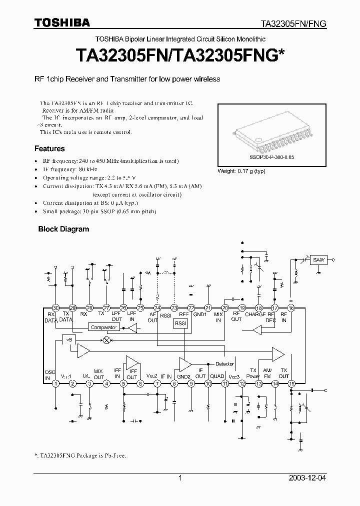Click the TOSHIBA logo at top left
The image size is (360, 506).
pyautogui.click(x=62, y=22)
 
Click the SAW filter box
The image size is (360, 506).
pyautogui.click(x=318, y=260)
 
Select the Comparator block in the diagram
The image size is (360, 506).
pyautogui.click(x=104, y=327)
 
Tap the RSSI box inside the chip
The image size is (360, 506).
pyautogui.click(x=180, y=324)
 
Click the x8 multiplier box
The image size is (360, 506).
pyautogui.click(x=68, y=340)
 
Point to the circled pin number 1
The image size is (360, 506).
pyautogui.click(x=56, y=383)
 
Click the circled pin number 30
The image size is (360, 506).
pyautogui.click(x=56, y=308)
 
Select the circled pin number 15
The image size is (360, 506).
pyautogui.click(x=292, y=383)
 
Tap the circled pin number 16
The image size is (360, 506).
pyautogui.click(x=292, y=308)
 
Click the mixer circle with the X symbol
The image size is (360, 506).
pyautogui.click(x=106, y=340)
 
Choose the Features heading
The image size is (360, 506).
pyautogui.click(x=49, y=148)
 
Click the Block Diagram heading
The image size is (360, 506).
pyautogui.click(x=64, y=229)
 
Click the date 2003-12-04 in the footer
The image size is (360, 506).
pyautogui.click(x=309, y=478)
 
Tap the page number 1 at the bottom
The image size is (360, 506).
pyautogui.click(x=180, y=478)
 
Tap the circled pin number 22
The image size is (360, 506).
pyautogui.click(x=191, y=308)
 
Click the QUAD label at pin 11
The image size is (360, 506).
pyautogui.click(x=217, y=376)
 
